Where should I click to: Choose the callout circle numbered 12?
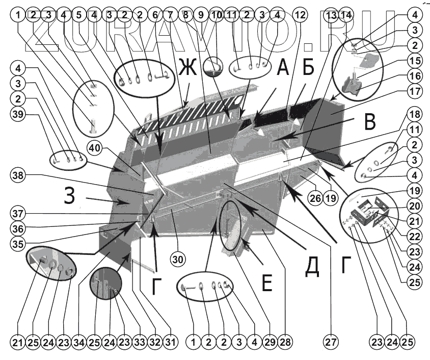pyautogui.click(x=299, y=15)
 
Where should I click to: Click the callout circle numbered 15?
pyautogui.click(x=415, y=60)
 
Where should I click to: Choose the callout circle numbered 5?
pyautogui.click(x=79, y=15)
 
